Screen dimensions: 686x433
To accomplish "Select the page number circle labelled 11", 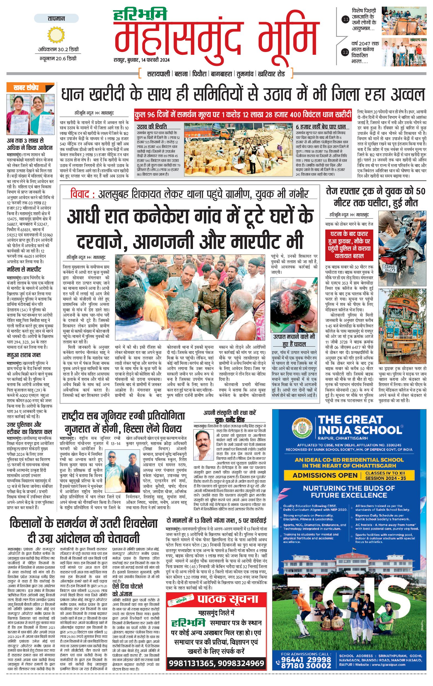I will pos(346,20).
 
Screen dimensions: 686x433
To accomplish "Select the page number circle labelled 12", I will pos(346,52).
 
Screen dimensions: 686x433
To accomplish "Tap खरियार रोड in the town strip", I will pos(271,74).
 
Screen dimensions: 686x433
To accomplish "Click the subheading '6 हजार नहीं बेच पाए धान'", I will pos(321,127).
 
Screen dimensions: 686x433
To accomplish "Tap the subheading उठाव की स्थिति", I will pos(152,127).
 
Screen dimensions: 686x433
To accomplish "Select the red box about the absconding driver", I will pos(349,245).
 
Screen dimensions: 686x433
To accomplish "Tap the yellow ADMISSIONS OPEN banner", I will pos(325,475).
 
